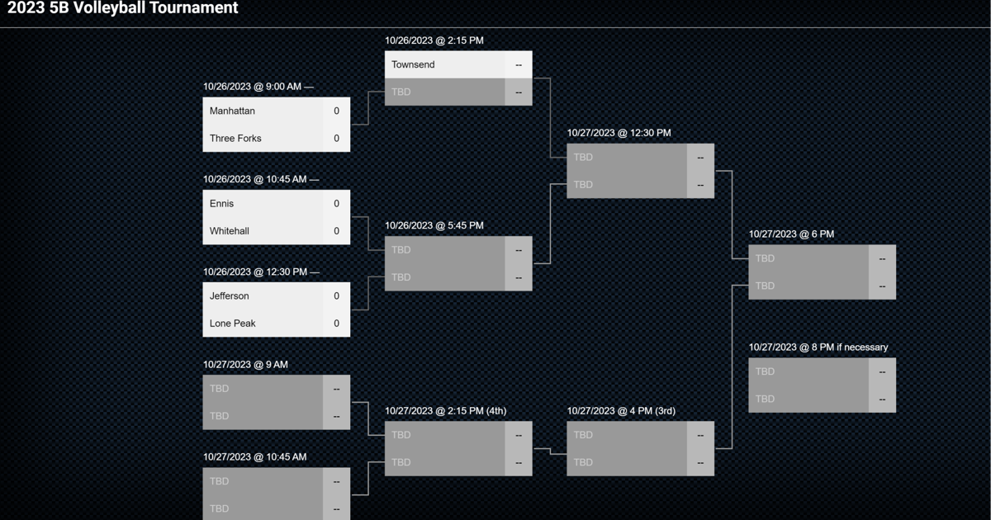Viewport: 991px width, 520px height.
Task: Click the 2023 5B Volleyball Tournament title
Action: [122, 9]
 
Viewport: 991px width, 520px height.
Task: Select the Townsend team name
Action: [413, 64]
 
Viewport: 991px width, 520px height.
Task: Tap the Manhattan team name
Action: [232, 111]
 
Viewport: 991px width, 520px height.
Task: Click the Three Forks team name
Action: [235, 138]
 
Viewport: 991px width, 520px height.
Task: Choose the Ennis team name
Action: [221, 203]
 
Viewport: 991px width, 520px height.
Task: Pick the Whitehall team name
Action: [229, 231]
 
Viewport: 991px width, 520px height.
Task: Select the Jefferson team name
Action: [229, 295]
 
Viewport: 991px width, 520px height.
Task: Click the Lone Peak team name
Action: [232, 324]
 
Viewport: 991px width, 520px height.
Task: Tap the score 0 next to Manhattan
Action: [336, 111]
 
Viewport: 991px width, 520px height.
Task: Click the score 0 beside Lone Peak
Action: [336, 324]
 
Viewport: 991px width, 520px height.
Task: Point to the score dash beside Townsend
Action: [519, 64]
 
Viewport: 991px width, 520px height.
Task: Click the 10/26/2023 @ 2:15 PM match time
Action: [434, 40]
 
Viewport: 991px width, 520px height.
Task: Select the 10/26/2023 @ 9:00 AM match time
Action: [253, 87]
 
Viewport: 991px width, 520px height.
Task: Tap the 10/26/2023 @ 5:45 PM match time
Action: [434, 225]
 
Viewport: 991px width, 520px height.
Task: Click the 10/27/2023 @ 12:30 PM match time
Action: [619, 133]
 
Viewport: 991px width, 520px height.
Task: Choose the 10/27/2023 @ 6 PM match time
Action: [791, 234]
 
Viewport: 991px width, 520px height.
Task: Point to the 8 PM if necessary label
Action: [850, 347]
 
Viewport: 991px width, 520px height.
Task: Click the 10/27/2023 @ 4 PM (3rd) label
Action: [621, 411]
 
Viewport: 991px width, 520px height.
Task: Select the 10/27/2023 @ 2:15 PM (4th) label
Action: [445, 411]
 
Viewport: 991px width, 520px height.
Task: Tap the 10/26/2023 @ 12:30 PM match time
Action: [255, 272]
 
